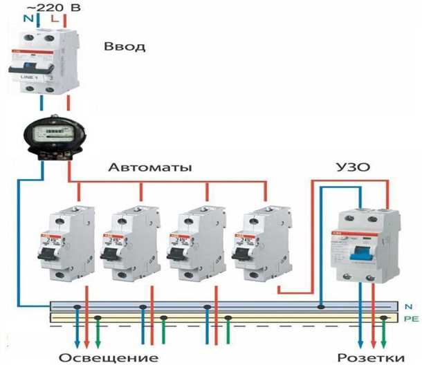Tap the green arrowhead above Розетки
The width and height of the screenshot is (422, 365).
pyautogui.click(x=385, y=341)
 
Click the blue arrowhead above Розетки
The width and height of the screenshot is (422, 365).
pyautogui.click(x=359, y=341)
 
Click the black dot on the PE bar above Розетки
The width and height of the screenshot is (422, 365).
pyautogui.click(x=385, y=318)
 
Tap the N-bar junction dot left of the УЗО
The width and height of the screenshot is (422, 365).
pyautogui.click(x=321, y=306)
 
